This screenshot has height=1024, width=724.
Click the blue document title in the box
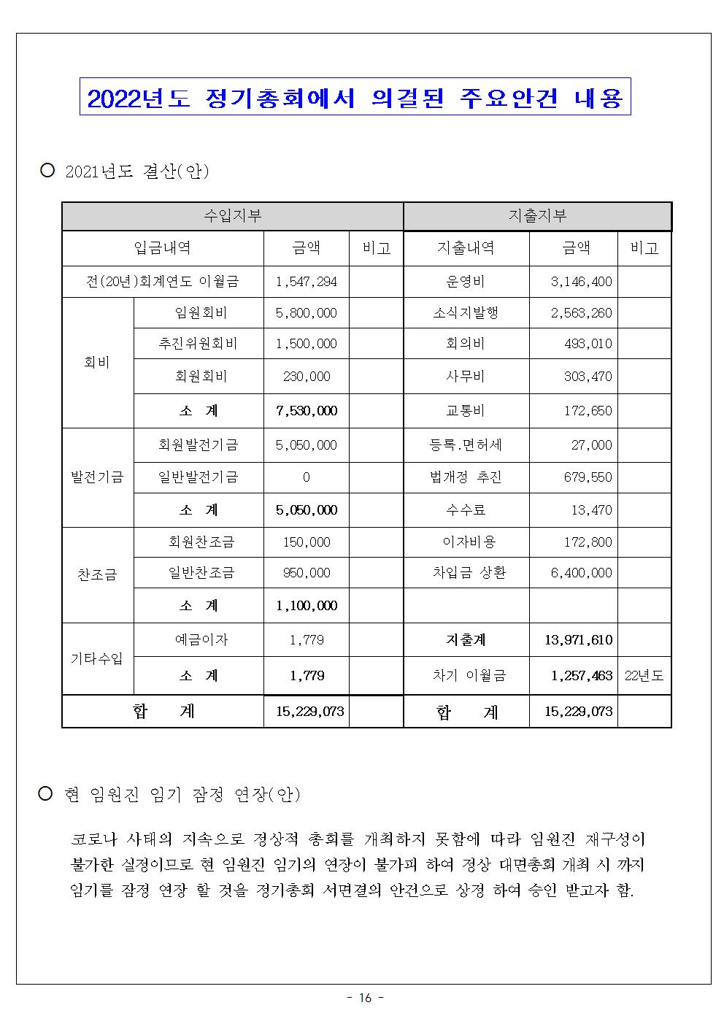click(x=355, y=98)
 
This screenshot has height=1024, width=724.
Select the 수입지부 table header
click(x=232, y=216)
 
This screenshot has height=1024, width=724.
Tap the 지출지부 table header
click(x=537, y=216)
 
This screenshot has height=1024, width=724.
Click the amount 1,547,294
click(x=306, y=281)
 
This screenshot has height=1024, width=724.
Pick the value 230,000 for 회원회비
click(x=306, y=377)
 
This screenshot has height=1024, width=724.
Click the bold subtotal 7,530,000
click(x=306, y=411)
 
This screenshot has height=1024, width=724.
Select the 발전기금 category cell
click(x=97, y=477)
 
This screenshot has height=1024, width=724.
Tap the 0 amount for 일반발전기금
click(x=306, y=477)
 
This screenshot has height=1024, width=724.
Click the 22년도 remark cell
click(x=644, y=676)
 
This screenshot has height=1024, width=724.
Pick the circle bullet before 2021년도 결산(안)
click(x=48, y=171)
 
